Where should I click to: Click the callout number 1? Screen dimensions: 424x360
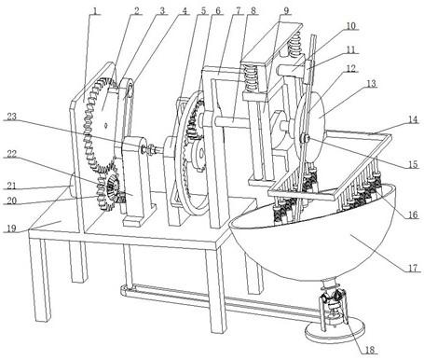click(95, 11)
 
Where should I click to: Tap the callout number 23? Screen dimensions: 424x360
click(13, 117)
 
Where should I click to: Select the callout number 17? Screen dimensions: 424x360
click(413, 268)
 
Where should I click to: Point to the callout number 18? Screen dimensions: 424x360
click(369, 349)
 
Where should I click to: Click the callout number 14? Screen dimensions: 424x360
click(414, 119)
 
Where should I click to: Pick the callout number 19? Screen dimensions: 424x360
click(11, 228)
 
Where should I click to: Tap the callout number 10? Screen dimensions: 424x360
click(350, 25)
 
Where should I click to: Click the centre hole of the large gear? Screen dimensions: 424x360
click(106, 125)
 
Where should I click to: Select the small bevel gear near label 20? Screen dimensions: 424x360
click(111, 187)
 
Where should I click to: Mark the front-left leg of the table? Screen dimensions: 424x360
click(40, 280)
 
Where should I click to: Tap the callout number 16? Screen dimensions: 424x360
click(413, 215)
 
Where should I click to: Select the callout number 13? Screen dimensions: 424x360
click(371, 83)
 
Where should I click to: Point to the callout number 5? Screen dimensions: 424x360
click(203, 11)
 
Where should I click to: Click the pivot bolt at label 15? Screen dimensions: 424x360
click(305, 138)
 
